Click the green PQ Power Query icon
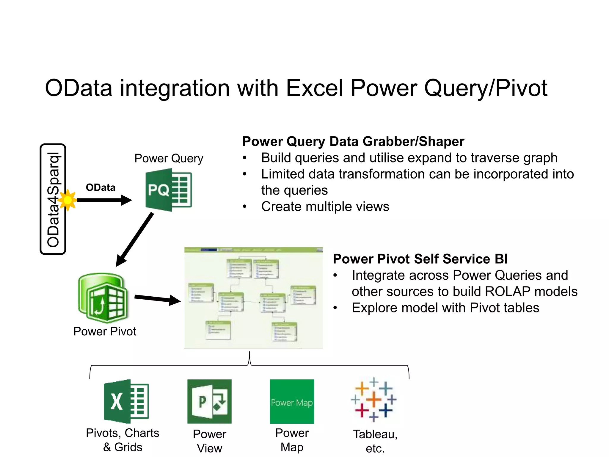pyautogui.click(x=168, y=190)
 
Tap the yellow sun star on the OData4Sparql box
pyautogui.click(x=68, y=200)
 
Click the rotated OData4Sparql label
pyautogui.click(x=53, y=199)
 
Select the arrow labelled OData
pyautogui.click(x=104, y=200)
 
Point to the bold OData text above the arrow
pyautogui.click(x=101, y=187)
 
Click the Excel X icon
pyautogui.click(x=126, y=401)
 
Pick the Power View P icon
pyautogui.click(x=209, y=401)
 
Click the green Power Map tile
pyautogui.click(x=292, y=401)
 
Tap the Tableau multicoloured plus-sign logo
pyautogui.click(x=374, y=400)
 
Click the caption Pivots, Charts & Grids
pyautogui.click(x=123, y=440)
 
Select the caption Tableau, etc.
pyautogui.click(x=375, y=441)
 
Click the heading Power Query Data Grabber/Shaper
pyautogui.click(x=353, y=141)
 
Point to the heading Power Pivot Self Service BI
pyautogui.click(x=420, y=259)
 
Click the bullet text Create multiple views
pyautogui.click(x=325, y=206)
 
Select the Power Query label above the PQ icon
pyautogui.click(x=169, y=158)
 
